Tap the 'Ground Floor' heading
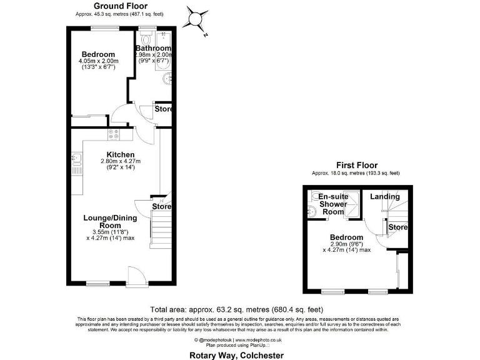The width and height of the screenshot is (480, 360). point(120,6)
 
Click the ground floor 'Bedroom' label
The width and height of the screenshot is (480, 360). point(97,55)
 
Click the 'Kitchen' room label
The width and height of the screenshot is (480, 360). point(121,154)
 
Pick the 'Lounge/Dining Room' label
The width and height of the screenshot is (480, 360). point(110,221)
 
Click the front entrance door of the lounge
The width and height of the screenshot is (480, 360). point(135,275)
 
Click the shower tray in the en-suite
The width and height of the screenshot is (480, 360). point(353,204)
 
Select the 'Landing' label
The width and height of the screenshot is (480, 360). point(384,197)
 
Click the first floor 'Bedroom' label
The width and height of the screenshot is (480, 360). point(347,237)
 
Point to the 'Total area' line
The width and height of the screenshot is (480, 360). point(237,309)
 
